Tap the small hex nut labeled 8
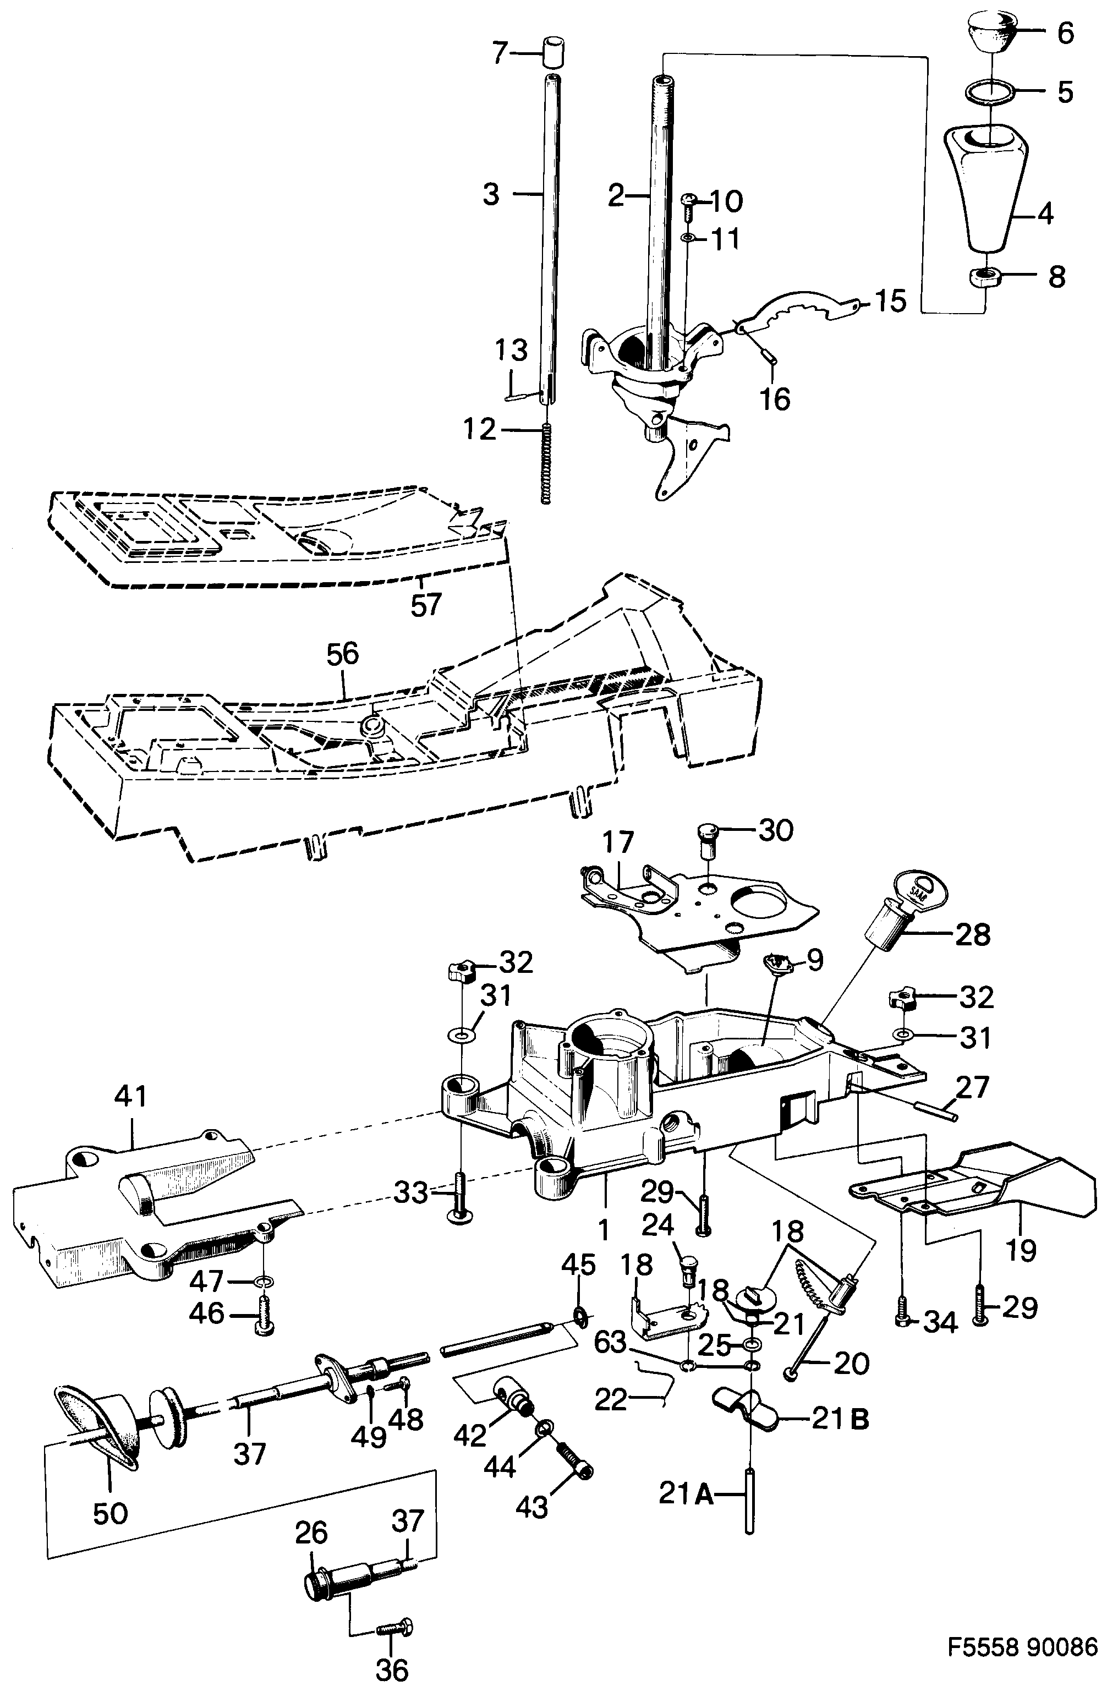click(x=984, y=276)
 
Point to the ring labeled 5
click(x=990, y=92)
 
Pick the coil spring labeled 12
click(x=546, y=464)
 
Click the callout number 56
click(x=342, y=653)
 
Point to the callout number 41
click(x=131, y=1097)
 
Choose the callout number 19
click(x=1020, y=1248)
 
